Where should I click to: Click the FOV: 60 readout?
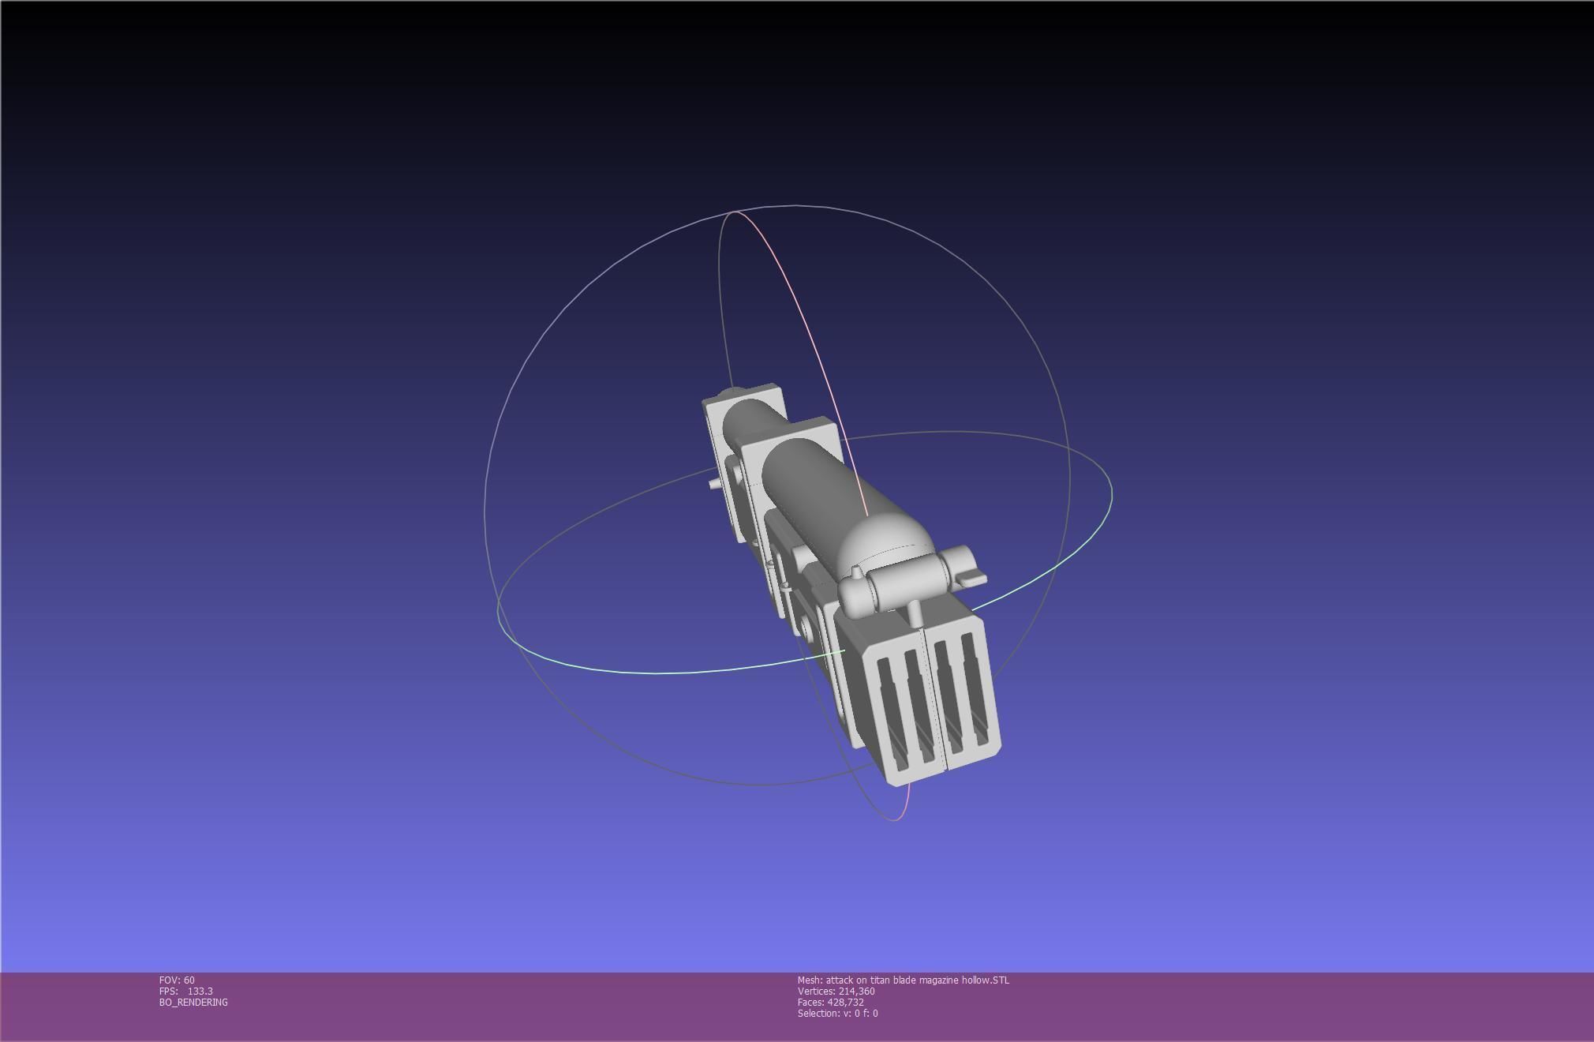177,980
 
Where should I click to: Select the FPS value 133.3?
200,991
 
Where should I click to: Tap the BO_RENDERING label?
193,1002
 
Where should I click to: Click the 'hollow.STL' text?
985,980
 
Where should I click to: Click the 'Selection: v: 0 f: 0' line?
837,1013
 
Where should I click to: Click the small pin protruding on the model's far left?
714,483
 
